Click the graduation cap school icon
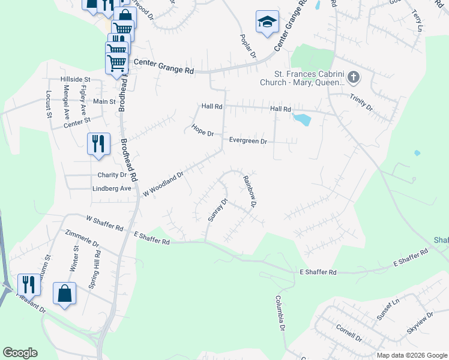click(x=264, y=22)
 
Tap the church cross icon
click(x=353, y=77)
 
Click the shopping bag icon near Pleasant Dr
click(x=64, y=294)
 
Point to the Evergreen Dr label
click(x=248, y=141)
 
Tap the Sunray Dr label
click(x=218, y=210)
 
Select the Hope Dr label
click(x=203, y=130)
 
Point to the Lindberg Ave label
click(x=112, y=188)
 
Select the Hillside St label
click(x=75, y=79)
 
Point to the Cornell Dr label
click(x=349, y=333)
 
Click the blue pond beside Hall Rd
click(x=301, y=119)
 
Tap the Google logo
click(x=20, y=353)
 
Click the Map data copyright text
click(x=411, y=355)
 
